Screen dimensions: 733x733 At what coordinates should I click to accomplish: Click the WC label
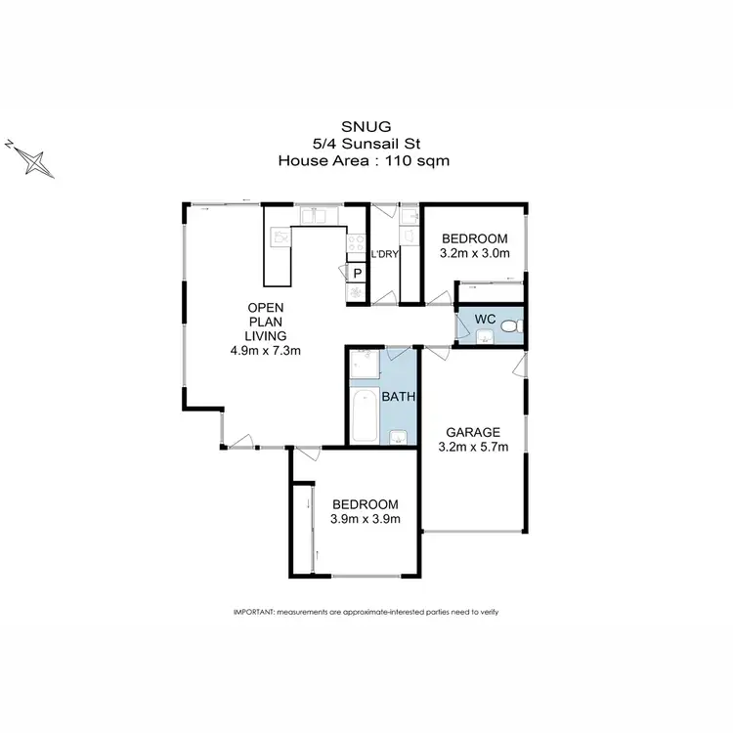point(486,319)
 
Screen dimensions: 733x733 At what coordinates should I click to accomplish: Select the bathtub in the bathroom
point(364,414)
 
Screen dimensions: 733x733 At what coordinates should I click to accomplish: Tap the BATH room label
point(399,397)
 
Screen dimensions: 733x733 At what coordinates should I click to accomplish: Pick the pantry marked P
point(357,274)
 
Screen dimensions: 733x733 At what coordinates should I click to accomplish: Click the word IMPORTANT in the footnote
point(254,612)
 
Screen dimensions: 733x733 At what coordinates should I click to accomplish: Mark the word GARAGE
point(473,432)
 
